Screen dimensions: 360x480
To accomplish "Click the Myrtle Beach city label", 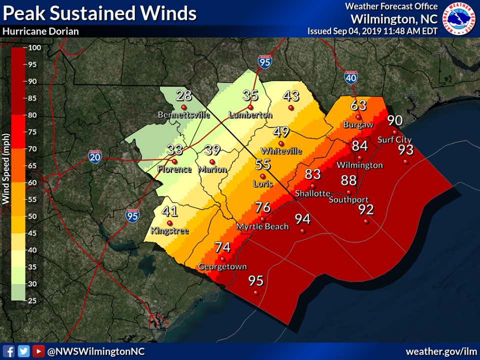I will tap(262, 226).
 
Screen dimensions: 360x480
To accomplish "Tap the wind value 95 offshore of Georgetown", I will tap(256, 280).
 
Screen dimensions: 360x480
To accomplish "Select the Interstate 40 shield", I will tap(351, 77).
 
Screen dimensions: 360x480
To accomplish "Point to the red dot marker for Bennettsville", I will tap(184, 107).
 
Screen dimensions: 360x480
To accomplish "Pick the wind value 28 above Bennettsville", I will tap(184, 95).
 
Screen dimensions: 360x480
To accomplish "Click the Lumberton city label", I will tap(250, 115).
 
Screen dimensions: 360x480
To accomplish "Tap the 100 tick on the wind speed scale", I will tap(34, 48).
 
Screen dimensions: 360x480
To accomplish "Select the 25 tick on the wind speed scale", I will tap(34, 300).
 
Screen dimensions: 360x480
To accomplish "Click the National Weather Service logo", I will tap(459, 18).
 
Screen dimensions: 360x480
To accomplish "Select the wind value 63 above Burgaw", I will tap(358, 105).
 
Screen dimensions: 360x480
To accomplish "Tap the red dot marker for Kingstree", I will tap(170, 223).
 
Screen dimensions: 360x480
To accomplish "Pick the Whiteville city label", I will tap(281, 150).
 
